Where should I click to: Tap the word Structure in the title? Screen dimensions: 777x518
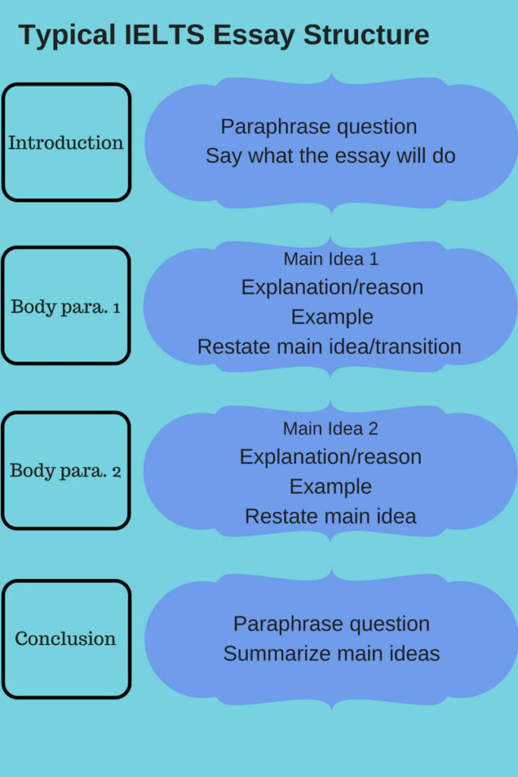pyautogui.click(x=366, y=36)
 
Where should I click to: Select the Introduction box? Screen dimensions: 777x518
pyautogui.click(x=66, y=143)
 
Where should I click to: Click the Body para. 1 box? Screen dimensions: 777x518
pyautogui.click(x=66, y=307)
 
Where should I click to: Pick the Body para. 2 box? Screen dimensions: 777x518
pyautogui.click(x=66, y=470)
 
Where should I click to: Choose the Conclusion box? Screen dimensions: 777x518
pyautogui.click(x=66, y=639)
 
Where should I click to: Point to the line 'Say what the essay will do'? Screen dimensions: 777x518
pyautogui.click(x=331, y=156)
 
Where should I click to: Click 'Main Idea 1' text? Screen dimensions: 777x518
pyautogui.click(x=331, y=259)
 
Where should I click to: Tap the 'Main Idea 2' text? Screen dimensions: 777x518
pyautogui.click(x=331, y=429)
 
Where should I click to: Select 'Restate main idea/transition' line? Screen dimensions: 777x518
pyautogui.click(x=329, y=347)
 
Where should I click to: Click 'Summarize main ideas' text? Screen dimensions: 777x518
pyautogui.click(x=331, y=653)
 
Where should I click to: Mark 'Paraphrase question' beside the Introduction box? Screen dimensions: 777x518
pyautogui.click(x=319, y=127)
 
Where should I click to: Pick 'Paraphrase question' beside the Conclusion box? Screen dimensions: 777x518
pyautogui.click(x=331, y=624)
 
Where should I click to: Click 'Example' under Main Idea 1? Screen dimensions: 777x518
pyautogui.click(x=332, y=317)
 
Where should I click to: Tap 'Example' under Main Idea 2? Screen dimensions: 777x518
pyautogui.click(x=331, y=486)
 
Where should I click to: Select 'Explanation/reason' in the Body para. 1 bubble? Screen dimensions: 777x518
pyautogui.click(x=332, y=288)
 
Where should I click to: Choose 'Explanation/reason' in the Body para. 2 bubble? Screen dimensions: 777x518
pyautogui.click(x=331, y=457)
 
